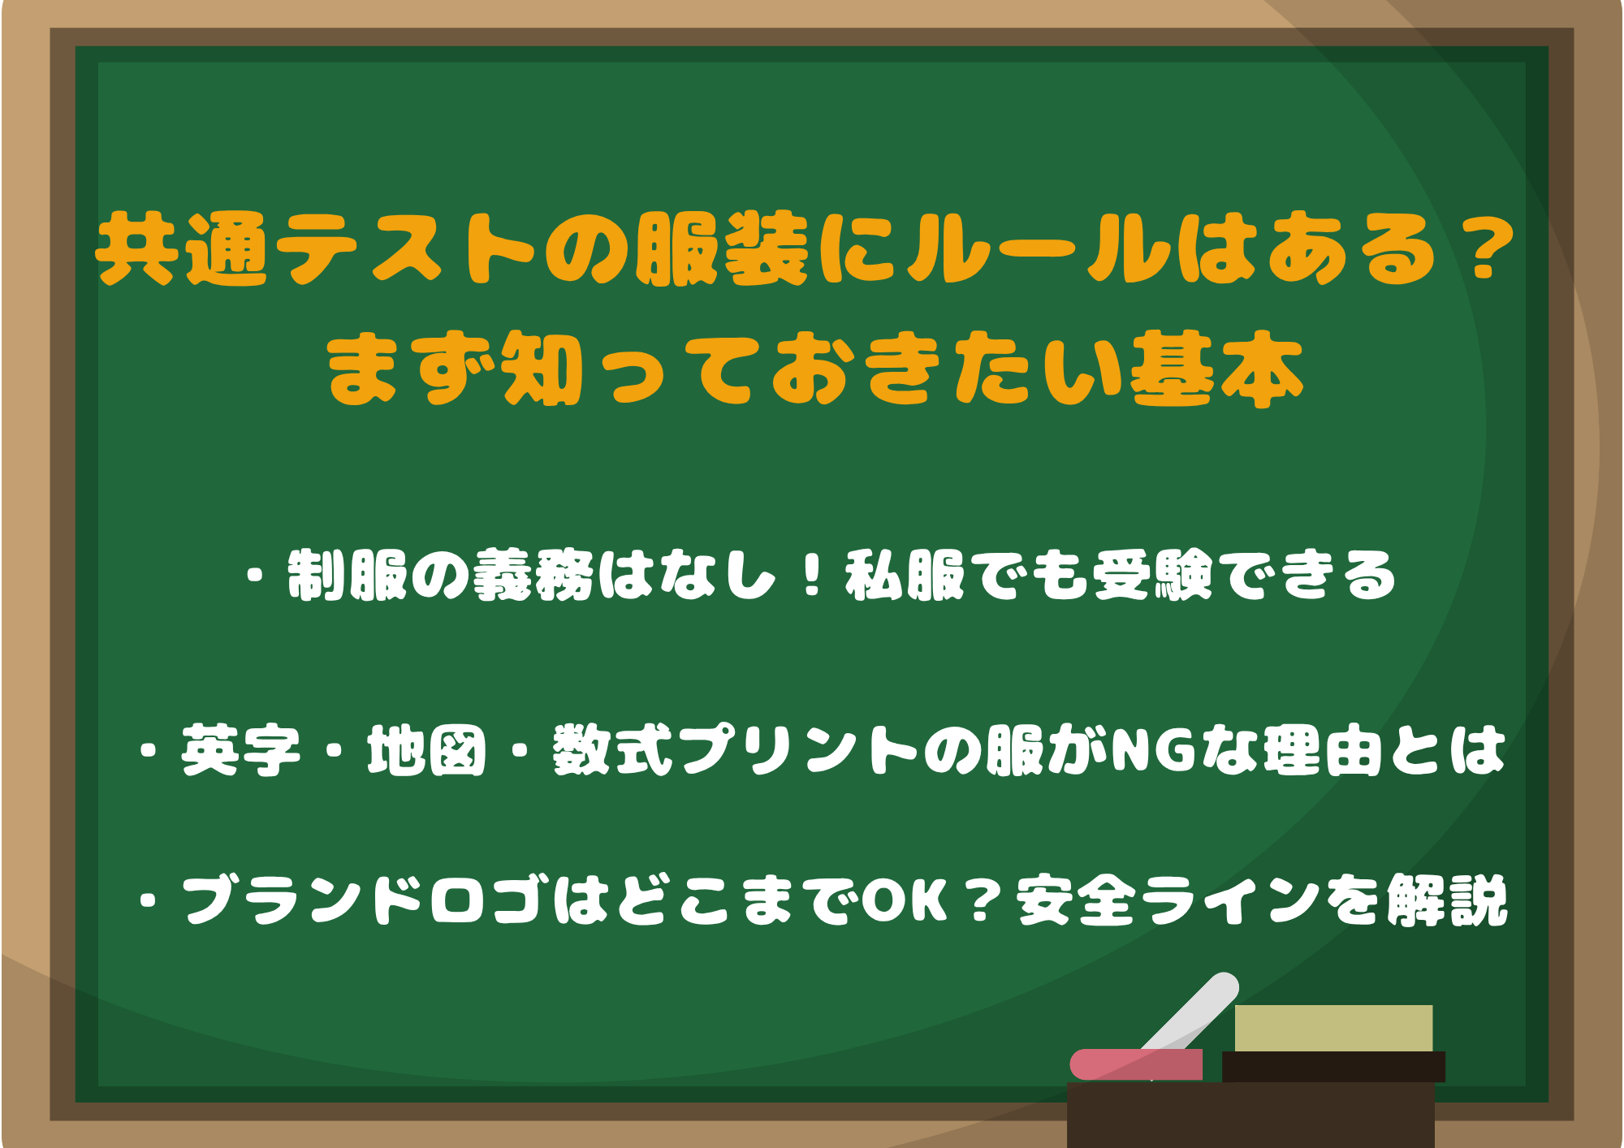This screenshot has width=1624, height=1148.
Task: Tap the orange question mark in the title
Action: point(1483,250)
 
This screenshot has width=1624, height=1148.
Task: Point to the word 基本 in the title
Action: point(1218,369)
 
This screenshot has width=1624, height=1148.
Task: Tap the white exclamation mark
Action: point(812,576)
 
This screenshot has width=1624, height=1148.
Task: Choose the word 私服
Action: point(905,576)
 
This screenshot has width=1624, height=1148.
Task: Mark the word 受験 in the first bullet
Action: point(1153,576)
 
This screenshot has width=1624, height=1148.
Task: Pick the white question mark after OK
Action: point(982,900)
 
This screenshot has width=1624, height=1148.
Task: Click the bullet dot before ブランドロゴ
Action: point(148,900)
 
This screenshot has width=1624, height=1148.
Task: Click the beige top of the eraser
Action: point(1333,1028)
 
